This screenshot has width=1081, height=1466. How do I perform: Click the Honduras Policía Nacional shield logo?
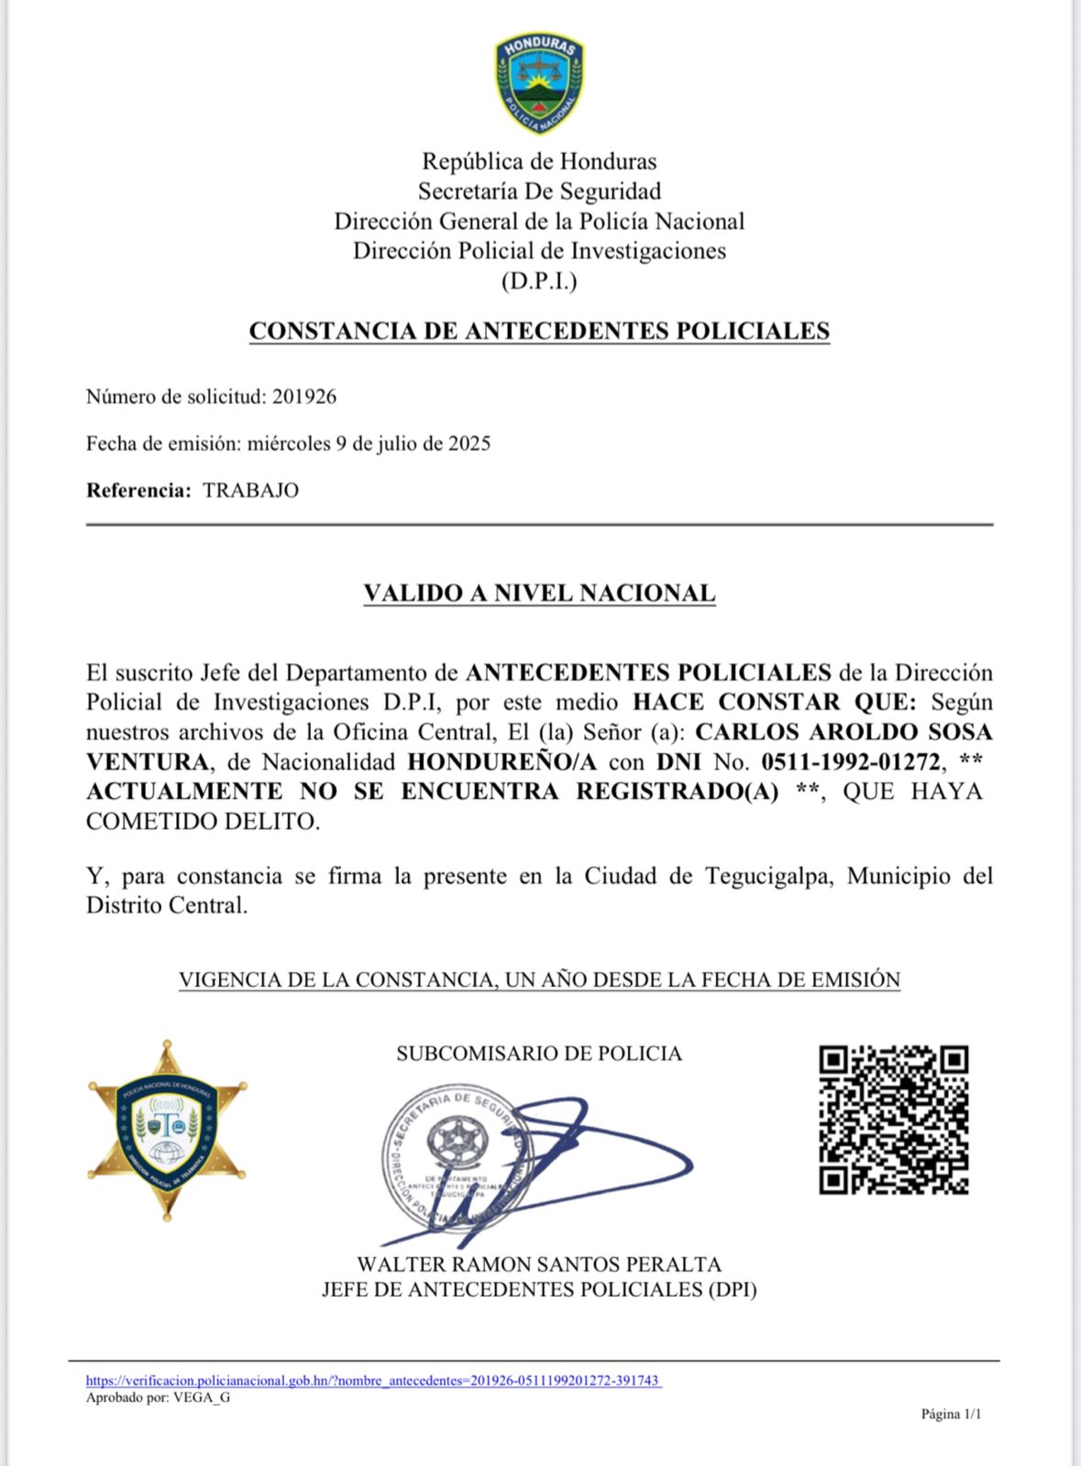pyautogui.click(x=539, y=83)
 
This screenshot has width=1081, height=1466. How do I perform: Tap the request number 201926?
pyautogui.click(x=304, y=397)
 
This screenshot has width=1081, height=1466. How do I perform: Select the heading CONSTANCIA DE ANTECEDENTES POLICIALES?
pyautogui.click(x=539, y=331)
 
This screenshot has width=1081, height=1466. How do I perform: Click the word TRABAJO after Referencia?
pyautogui.click(x=250, y=490)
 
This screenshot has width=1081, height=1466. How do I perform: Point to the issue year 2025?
pyautogui.click(x=469, y=443)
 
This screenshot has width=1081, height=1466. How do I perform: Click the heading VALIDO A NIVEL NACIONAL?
pyautogui.click(x=539, y=593)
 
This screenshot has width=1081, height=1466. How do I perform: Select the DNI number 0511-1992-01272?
pyautogui.click(x=851, y=761)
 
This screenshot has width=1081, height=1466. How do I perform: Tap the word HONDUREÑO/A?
pyautogui.click(x=502, y=761)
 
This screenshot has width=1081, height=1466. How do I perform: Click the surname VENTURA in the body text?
pyautogui.click(x=148, y=761)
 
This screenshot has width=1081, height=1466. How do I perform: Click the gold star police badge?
pyautogui.click(x=167, y=1130)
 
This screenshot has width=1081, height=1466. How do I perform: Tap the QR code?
pyautogui.click(x=893, y=1120)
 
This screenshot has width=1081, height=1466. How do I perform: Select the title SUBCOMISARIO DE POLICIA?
pyautogui.click(x=539, y=1054)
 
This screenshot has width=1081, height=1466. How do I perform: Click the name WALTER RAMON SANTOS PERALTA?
pyautogui.click(x=539, y=1264)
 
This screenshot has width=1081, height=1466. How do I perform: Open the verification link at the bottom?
pyautogui.click(x=373, y=1381)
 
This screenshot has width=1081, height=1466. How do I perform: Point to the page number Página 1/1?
pyautogui.click(x=951, y=1414)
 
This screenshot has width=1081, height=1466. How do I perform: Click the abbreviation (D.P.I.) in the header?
pyautogui.click(x=539, y=281)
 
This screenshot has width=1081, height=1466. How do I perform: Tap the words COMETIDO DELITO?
pyautogui.click(x=203, y=821)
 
